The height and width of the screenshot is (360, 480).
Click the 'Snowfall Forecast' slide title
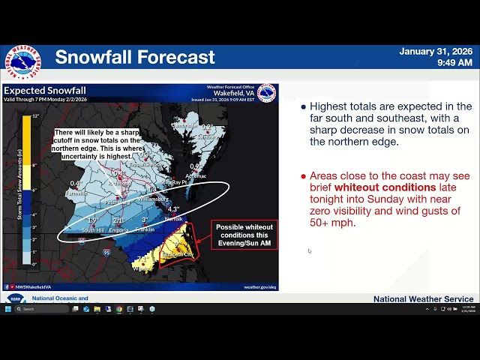coord(135,57)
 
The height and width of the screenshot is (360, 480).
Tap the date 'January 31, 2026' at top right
coord(436,52)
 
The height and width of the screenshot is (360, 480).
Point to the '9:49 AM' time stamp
coord(454,63)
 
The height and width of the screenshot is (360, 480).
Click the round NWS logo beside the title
coord(22,61)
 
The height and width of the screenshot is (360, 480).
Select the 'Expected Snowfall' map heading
coord(45,91)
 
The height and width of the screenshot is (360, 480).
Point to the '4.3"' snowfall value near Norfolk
coord(173,209)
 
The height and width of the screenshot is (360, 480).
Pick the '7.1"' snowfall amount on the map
coord(143,259)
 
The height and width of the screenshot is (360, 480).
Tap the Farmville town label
coord(76,193)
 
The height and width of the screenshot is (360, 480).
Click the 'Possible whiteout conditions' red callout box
coord(244,235)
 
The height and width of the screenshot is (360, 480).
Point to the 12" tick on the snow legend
coord(35,116)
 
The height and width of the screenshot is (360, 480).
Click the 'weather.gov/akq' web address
coord(259,286)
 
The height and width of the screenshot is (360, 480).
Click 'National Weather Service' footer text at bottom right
coord(423,299)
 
